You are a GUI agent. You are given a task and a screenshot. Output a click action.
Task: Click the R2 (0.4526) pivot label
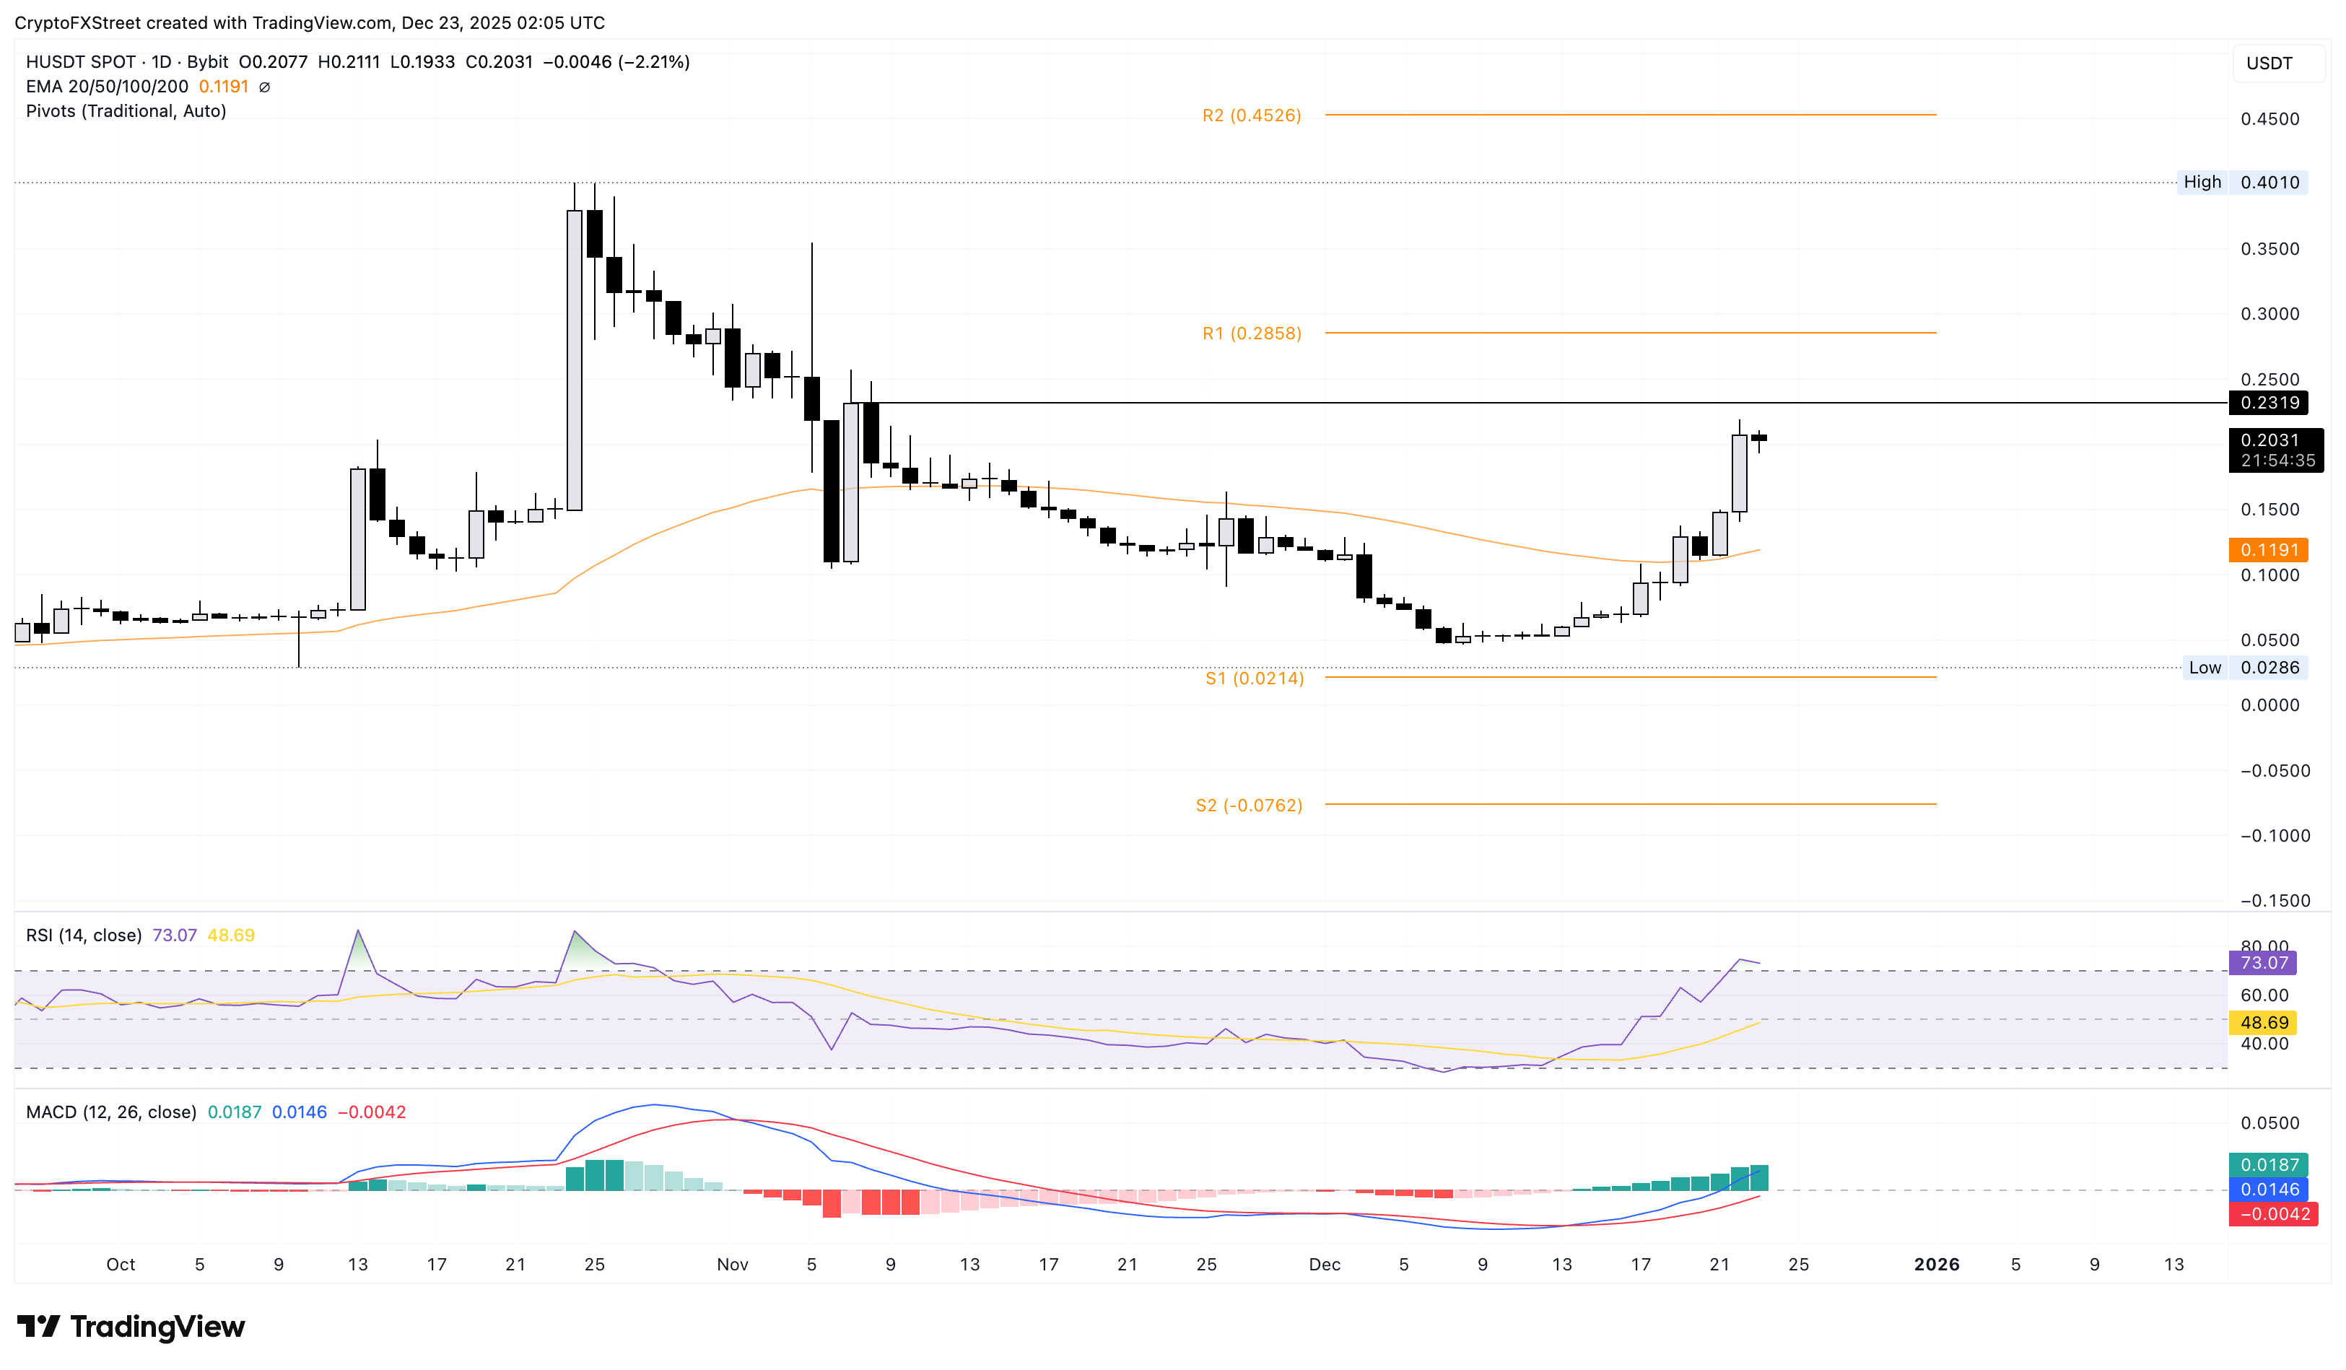pyautogui.click(x=1251, y=115)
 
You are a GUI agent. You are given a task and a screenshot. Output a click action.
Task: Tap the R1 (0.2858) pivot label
pyautogui.click(x=1251, y=333)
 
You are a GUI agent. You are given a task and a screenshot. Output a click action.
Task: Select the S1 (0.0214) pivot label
pyautogui.click(x=1254, y=679)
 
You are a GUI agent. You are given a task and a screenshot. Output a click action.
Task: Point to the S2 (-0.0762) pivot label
pyautogui.click(x=1248, y=805)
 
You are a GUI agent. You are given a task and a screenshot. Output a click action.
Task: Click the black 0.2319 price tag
pyautogui.click(x=2269, y=403)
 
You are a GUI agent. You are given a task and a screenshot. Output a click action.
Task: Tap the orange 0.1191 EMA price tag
pyautogui.click(x=2269, y=550)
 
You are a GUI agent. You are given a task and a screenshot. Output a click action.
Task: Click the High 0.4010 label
pyautogui.click(x=2244, y=183)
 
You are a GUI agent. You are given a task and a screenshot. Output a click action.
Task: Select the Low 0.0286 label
pyautogui.click(x=2244, y=668)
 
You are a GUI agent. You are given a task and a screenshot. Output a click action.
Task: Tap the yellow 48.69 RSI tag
pyautogui.click(x=2263, y=1023)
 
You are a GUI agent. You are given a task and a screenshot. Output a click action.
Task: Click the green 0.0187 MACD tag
pyautogui.click(x=2269, y=1164)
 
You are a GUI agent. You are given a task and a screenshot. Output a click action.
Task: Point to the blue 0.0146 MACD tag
pyautogui.click(x=2269, y=1190)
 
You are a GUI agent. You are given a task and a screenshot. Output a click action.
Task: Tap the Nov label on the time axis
pyautogui.click(x=733, y=1264)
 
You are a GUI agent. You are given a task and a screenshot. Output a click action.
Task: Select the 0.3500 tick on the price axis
pyautogui.click(x=2269, y=250)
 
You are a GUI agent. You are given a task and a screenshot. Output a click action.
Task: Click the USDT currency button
pyautogui.click(x=2269, y=64)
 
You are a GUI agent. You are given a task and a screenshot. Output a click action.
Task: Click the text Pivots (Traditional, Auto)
pyautogui.click(x=126, y=110)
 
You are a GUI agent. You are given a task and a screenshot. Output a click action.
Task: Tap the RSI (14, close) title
pyautogui.click(x=84, y=935)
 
